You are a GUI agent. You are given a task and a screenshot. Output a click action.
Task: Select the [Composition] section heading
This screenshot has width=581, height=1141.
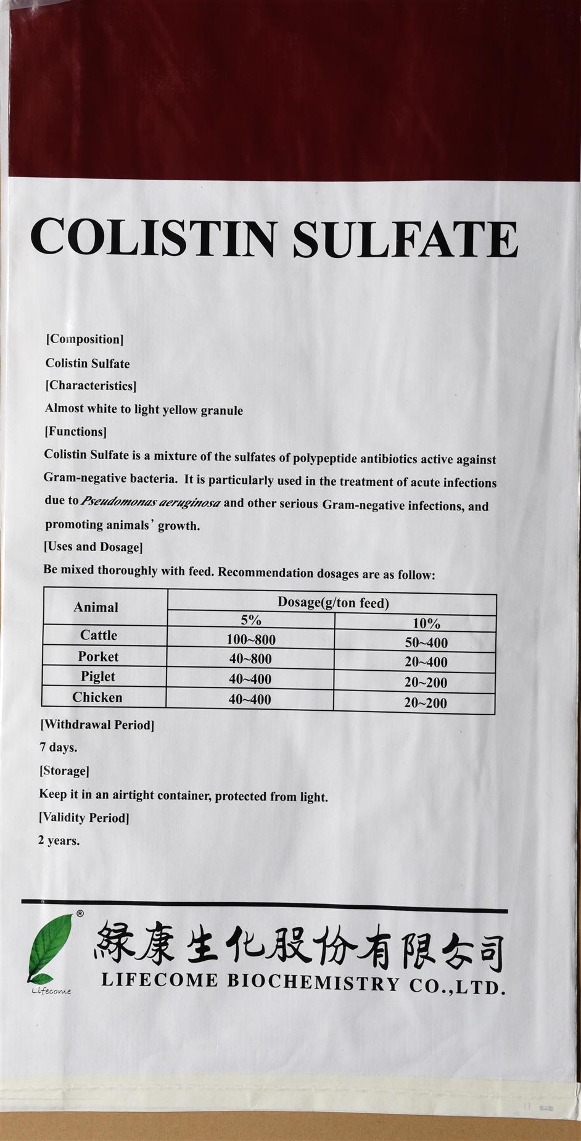(84, 339)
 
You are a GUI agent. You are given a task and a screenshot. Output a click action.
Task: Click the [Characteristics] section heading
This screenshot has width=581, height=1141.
(91, 386)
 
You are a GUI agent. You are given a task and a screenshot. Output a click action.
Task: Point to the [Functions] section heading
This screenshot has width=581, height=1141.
(75, 431)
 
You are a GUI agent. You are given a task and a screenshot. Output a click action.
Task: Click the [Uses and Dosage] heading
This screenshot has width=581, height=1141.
(93, 547)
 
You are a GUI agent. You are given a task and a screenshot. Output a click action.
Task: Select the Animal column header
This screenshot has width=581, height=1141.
(96, 607)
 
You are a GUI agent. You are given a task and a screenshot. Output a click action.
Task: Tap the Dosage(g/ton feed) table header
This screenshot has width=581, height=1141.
(333, 602)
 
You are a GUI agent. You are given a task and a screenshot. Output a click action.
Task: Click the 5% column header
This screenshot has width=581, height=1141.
(251, 620)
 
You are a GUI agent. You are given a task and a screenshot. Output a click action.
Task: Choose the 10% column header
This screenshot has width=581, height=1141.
(426, 623)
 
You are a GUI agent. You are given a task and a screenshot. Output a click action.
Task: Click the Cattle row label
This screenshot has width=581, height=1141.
(98, 635)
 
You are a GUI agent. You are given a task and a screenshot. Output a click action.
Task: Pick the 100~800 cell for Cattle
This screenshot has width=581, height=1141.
(251, 640)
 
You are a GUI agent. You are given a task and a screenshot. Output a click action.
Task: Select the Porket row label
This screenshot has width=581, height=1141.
(98, 657)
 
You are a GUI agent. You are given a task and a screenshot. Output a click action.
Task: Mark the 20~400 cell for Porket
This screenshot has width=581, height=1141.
(426, 663)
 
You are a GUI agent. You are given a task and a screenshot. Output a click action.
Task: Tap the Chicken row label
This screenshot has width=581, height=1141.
(97, 697)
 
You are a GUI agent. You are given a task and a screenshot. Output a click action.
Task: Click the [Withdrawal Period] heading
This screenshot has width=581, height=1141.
(97, 724)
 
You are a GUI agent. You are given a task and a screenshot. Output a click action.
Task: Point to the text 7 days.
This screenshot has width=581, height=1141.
(59, 747)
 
